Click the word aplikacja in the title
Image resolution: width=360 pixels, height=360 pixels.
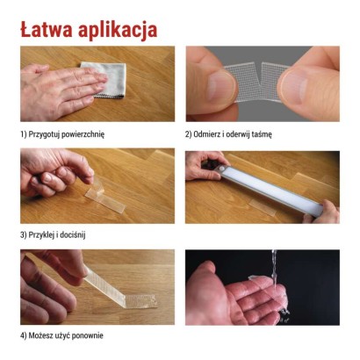point(118,30)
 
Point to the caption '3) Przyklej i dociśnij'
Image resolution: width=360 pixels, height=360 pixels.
point(53,234)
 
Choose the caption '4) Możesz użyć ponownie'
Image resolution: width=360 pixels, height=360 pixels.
point(63,335)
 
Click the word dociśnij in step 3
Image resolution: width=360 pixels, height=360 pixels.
point(70,234)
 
